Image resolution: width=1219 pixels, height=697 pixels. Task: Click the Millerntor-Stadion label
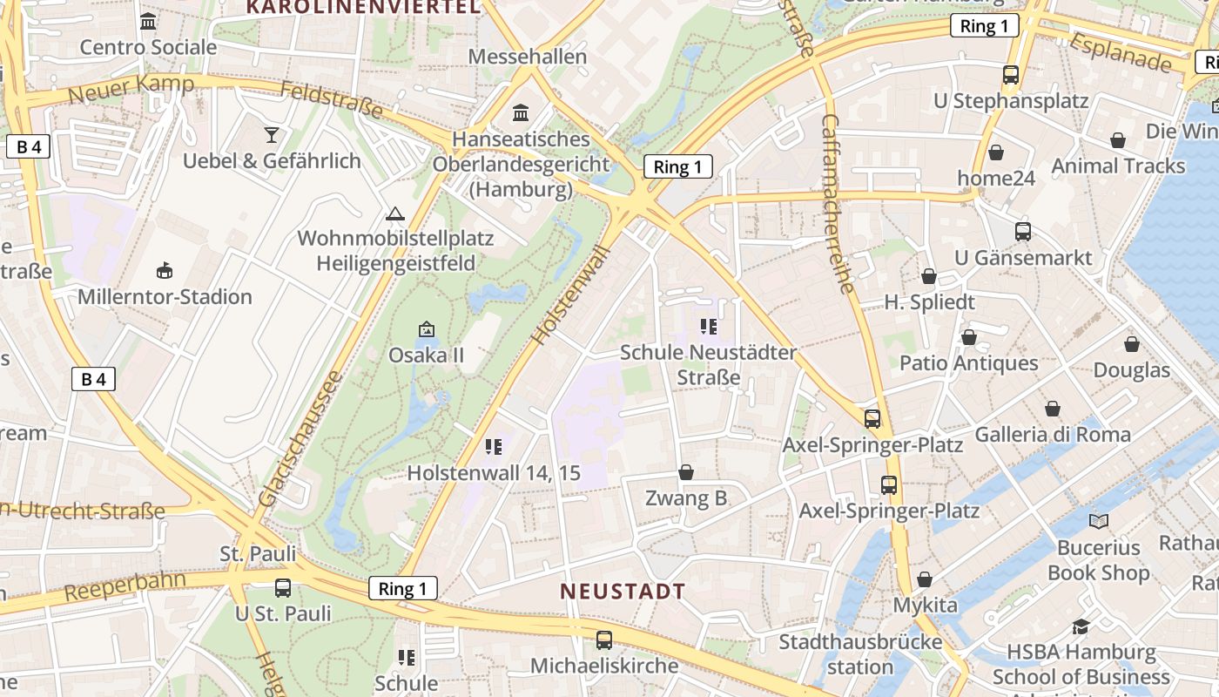tap(165, 297)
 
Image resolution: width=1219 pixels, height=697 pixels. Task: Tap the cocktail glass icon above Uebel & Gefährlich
tap(272, 134)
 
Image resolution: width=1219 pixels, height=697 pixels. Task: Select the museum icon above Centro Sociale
tap(148, 21)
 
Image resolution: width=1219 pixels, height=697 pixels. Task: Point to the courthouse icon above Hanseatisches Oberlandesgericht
tap(521, 112)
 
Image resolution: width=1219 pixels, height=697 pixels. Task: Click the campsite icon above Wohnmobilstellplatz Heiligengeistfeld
tap(395, 213)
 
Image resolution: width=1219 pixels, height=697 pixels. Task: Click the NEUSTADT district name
tap(622, 592)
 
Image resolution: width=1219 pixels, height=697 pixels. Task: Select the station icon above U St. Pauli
tap(283, 587)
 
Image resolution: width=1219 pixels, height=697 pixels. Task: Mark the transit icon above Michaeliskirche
tap(604, 640)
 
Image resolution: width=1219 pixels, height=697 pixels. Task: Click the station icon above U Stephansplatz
tap(1010, 75)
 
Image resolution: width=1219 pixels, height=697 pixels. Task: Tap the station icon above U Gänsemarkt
tap(1023, 232)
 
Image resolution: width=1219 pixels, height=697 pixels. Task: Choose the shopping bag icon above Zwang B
tap(686, 473)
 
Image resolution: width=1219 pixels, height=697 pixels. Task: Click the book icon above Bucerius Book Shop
tap(1099, 521)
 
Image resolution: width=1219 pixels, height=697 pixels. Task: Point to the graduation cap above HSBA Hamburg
tap(1081, 626)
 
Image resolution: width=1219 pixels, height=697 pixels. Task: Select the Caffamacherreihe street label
tap(835, 204)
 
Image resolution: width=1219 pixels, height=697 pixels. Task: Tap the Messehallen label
tap(528, 57)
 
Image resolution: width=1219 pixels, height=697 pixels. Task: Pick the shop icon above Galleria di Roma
tap(1053, 408)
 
